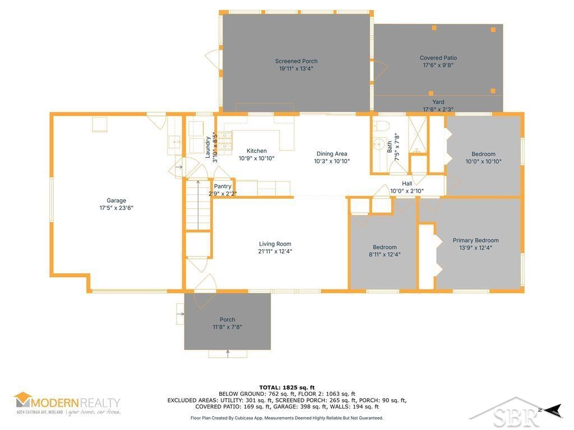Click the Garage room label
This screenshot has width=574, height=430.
click(117, 200)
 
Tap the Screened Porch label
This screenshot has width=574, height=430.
click(296, 61)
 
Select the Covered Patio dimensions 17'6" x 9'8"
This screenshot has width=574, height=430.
click(438, 65)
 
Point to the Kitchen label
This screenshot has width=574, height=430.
click(257, 151)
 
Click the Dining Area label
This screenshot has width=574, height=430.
click(332, 153)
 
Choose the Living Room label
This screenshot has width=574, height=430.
click(275, 244)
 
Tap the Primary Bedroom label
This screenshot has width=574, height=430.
click(475, 240)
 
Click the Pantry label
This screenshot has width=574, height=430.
click(223, 186)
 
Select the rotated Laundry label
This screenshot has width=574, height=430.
click(207, 147)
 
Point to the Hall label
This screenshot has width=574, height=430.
click(407, 184)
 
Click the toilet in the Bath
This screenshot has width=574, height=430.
click(381, 126)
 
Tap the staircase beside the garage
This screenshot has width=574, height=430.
click(198, 205)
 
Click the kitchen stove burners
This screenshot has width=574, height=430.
click(225, 141)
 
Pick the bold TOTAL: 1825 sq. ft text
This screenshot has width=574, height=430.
click(287, 387)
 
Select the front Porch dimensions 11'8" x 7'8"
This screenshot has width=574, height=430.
click(228, 327)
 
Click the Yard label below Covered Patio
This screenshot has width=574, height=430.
click(438, 102)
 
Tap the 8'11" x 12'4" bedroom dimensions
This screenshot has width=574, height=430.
click(385, 254)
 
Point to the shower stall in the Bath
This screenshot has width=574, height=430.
click(417, 134)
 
